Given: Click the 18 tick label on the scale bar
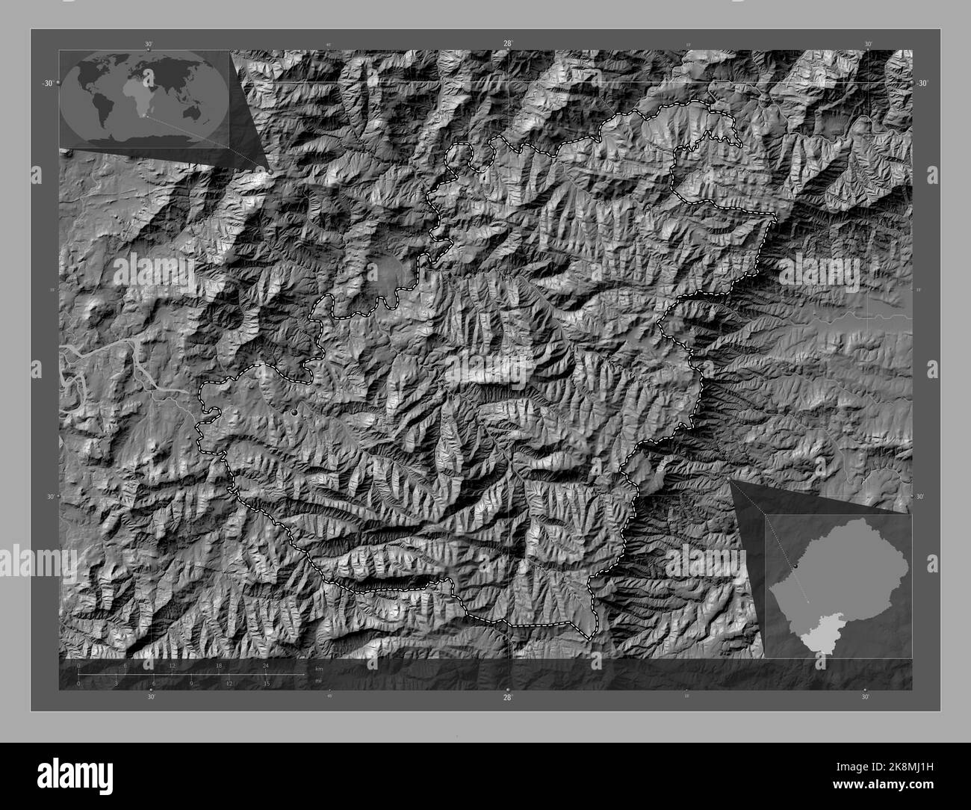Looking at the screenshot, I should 219,665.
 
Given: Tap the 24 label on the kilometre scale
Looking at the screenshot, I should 265,665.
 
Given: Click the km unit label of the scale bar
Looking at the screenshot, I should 319,667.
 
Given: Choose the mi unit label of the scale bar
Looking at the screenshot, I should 318,681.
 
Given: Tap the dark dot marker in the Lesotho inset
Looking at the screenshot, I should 797,566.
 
